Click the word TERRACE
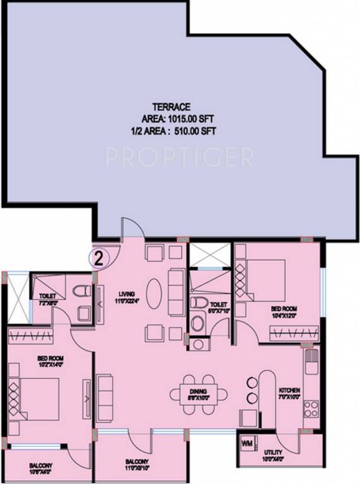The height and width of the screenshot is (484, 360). click(x=171, y=107)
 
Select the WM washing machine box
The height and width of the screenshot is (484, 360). click(x=247, y=442)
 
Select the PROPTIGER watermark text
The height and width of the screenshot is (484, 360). click(x=179, y=156)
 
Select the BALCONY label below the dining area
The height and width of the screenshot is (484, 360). click(x=136, y=464)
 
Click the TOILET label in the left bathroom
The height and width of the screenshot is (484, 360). click(x=48, y=297)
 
